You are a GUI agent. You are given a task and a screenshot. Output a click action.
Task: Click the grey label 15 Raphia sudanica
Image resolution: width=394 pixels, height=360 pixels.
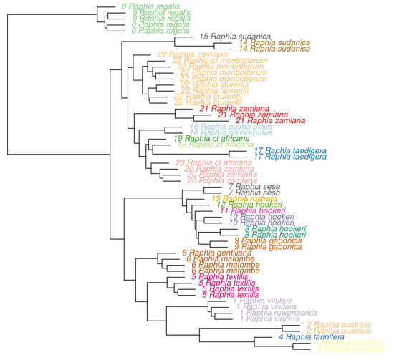pyautogui.click(x=235, y=36)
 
